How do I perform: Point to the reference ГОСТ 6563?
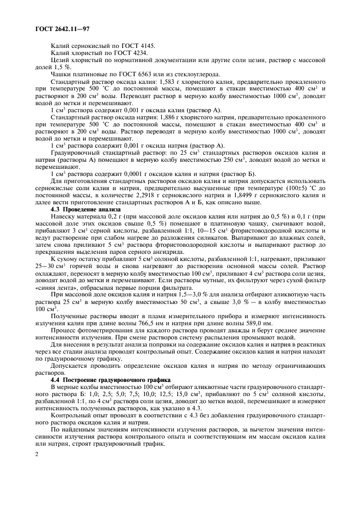coord(133,75)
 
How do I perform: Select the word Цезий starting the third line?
coord(60,61)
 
